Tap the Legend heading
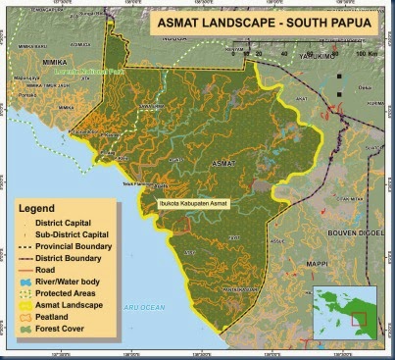click(46, 208)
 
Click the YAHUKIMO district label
click(305, 57)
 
